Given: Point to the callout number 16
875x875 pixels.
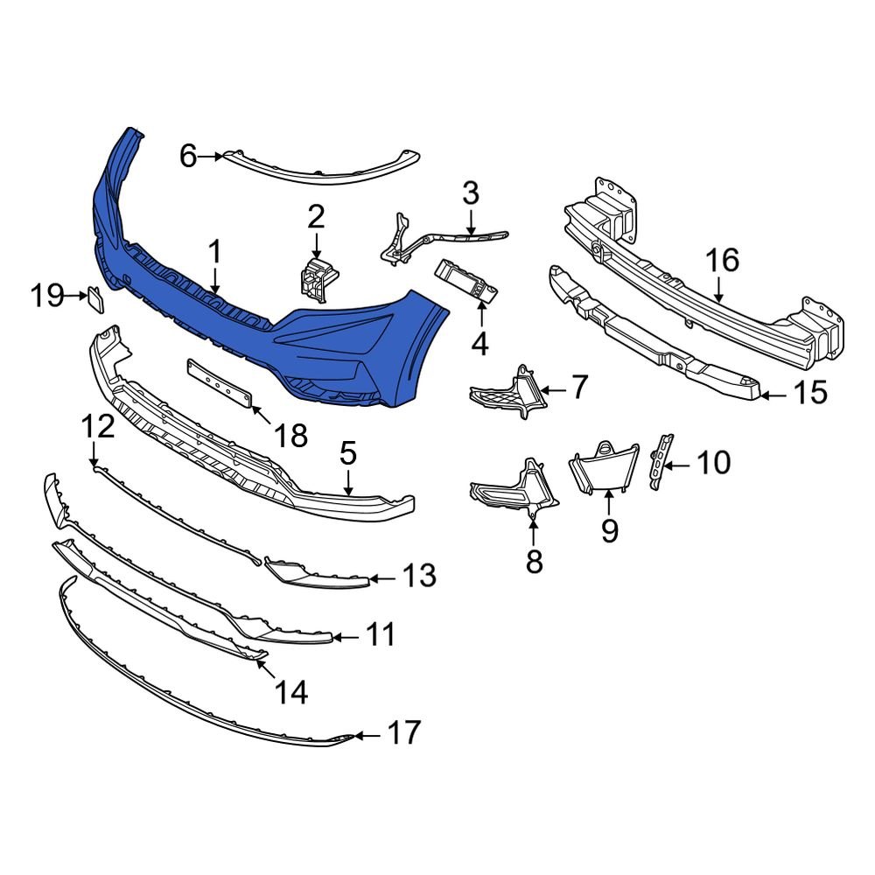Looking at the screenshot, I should point(723,261).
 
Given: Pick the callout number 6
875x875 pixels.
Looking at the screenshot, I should point(189,157).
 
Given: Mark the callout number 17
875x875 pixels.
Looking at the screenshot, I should point(403,732).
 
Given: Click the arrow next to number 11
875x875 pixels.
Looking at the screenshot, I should point(347,635).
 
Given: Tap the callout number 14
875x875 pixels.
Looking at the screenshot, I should point(291,693).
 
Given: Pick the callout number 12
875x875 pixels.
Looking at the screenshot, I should point(98,428).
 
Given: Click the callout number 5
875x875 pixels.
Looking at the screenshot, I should point(348,454).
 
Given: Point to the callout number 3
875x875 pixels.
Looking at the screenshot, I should point(470,192).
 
